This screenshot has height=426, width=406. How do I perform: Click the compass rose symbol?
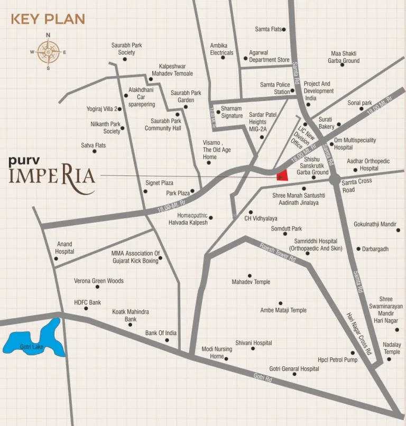(48, 52)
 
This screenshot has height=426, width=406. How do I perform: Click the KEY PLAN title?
(48, 20)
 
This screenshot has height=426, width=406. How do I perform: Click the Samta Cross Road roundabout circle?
(334, 180)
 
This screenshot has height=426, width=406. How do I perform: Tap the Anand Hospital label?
(64, 248)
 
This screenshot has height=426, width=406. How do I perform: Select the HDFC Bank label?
(87, 303)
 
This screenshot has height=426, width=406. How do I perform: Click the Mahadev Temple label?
(251, 282)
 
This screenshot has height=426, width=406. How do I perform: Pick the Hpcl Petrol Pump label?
(337, 360)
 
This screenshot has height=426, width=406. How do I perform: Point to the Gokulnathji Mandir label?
(375, 224)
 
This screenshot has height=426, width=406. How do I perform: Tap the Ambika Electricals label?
(222, 49)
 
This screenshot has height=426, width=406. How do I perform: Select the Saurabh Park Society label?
(127, 49)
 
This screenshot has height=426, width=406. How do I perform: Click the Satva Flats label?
(93, 145)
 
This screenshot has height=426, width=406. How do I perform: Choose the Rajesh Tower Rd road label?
(277, 253)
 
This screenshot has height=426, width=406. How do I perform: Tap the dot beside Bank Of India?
(167, 340)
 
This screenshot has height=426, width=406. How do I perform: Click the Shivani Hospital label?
(254, 343)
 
